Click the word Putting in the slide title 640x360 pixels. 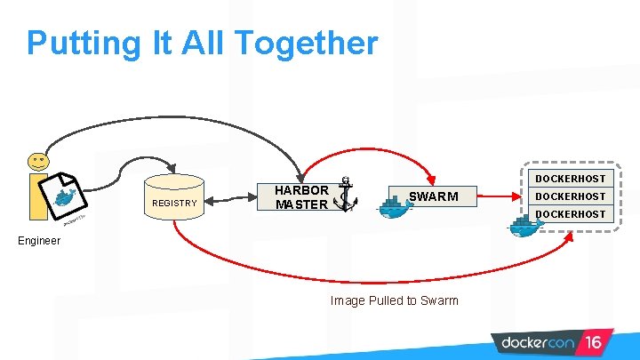click(x=76, y=42)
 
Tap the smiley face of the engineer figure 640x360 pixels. click(x=38, y=161)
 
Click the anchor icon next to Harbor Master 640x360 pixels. click(x=345, y=193)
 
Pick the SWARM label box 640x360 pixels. click(x=433, y=196)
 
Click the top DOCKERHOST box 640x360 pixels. click(x=570, y=179)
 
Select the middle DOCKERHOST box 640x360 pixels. click(x=570, y=196)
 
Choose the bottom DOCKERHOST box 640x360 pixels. click(x=570, y=214)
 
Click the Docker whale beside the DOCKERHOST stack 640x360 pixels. click(x=525, y=225)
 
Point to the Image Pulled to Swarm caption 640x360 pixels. click(x=394, y=300)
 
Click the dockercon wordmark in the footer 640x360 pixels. click(x=536, y=342)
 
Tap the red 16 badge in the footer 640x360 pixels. click(x=593, y=342)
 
